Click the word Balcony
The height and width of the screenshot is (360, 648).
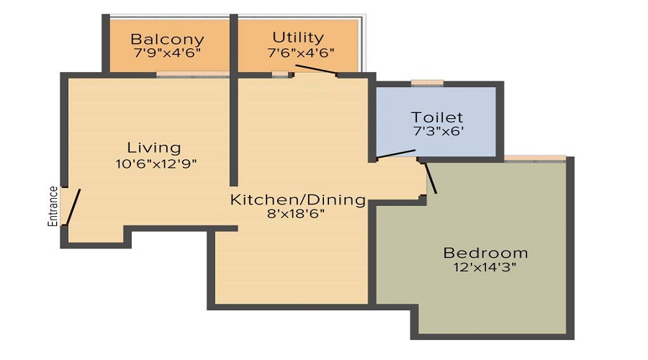pyautogui.click(x=167, y=40)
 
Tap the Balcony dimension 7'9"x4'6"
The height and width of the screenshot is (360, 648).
pyautogui.click(x=167, y=53)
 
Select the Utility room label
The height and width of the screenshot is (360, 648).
pyautogui.click(x=297, y=37)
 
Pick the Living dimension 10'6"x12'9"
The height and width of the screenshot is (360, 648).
pyautogui.click(x=156, y=163)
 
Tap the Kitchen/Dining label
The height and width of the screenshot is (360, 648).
pyautogui.click(x=297, y=199)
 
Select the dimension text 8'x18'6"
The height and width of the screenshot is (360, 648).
pyautogui.click(x=297, y=213)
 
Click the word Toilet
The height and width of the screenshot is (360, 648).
pyautogui.click(x=436, y=117)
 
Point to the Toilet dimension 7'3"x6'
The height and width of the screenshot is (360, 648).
pyautogui.click(x=437, y=132)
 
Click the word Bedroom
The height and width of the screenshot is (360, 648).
pyautogui.click(x=485, y=253)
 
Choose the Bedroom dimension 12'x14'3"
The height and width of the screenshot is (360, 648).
pyautogui.click(x=485, y=268)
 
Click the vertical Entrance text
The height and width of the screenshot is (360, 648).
pyautogui.click(x=53, y=207)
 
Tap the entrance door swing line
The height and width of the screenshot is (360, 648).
pyautogui.click(x=73, y=207)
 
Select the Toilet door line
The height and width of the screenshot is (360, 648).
pyautogui.click(x=395, y=154)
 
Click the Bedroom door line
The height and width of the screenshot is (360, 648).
pyautogui.click(x=431, y=178)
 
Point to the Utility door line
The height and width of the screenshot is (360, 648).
pyautogui.click(x=315, y=70)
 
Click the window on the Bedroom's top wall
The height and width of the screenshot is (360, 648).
pyautogui.click(x=534, y=158)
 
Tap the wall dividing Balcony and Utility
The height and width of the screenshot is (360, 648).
pyautogui.click(x=233, y=43)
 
